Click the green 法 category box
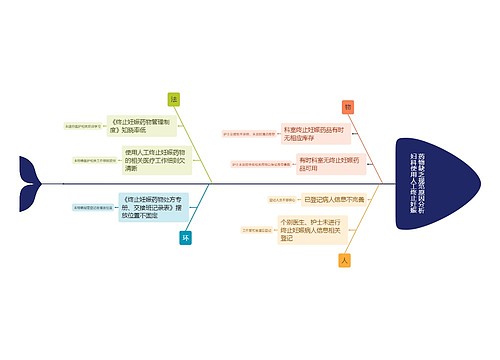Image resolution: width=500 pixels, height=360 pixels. point(174,100)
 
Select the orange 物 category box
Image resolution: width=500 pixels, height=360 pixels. point(348,106)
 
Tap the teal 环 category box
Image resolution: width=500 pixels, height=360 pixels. point(185,238)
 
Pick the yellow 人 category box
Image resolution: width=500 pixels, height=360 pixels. point(345,260)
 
